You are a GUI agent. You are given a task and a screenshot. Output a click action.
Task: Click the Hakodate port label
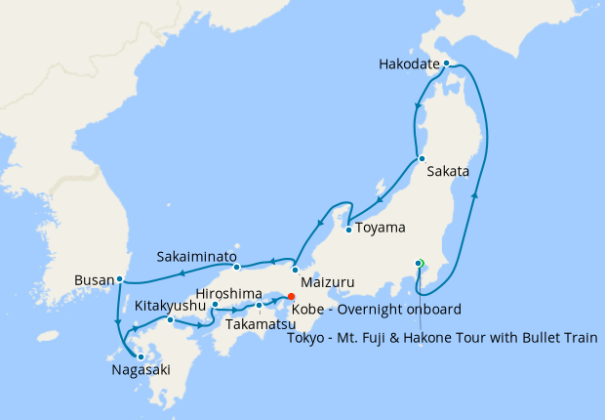click(x=408, y=66)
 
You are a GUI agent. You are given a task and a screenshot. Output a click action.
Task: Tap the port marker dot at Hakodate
click(x=446, y=63)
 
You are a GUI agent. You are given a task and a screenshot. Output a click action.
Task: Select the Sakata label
click(x=449, y=172)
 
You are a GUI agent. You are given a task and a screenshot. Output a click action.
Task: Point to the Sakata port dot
click(x=420, y=158)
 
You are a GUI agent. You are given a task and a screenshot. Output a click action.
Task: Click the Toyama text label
click(x=381, y=229)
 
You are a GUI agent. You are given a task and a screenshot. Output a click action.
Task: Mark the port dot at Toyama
click(x=347, y=231)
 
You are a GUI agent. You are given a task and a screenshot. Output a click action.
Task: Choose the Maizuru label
click(x=330, y=283)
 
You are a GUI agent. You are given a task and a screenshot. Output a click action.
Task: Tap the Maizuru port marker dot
click(x=295, y=270)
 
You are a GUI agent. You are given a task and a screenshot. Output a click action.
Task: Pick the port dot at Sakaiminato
click(x=236, y=266)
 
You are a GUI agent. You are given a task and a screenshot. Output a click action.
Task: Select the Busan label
click(x=94, y=281)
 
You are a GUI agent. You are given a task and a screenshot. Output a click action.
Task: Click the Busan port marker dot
click(x=119, y=279)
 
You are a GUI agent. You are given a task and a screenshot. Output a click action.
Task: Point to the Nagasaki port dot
click(x=141, y=357)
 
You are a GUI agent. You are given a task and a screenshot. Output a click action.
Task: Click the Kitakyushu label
click(x=171, y=305)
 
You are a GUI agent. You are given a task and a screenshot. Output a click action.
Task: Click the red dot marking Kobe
click(x=291, y=295)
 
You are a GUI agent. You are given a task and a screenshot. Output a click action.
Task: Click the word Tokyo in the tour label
click(x=310, y=339)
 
